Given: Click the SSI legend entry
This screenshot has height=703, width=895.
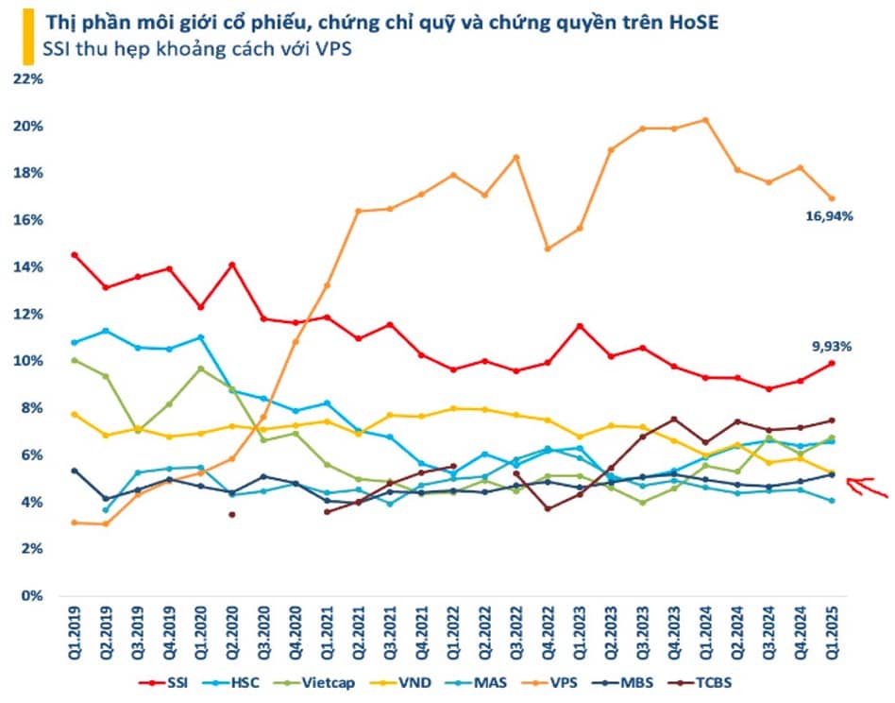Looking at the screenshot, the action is (164, 682).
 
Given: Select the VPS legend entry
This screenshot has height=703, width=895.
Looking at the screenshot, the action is (549, 682).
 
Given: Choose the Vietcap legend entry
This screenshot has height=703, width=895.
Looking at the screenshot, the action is (314, 682).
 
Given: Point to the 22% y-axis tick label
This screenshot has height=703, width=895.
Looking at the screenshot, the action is (28, 78).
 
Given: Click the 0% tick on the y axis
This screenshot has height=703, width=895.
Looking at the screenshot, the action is (32, 595).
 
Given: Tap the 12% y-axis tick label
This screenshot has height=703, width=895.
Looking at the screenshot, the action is (28, 314).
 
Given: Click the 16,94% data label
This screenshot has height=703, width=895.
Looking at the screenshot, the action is (829, 215).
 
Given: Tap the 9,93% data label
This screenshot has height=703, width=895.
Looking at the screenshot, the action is (832, 346).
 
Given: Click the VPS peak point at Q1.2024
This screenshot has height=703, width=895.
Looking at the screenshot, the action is (705, 120).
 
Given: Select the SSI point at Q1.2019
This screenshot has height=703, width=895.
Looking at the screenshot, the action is (75, 255).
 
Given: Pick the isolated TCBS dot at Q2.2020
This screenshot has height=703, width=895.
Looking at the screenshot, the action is (231, 515).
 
